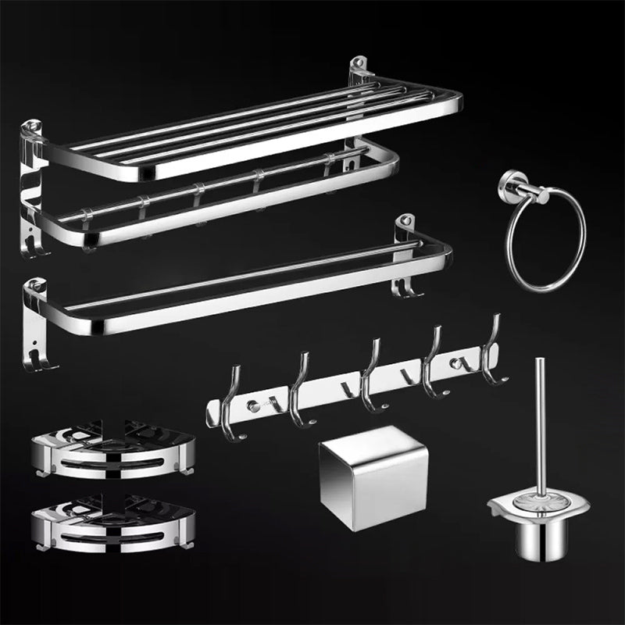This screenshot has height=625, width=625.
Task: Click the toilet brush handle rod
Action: coord(540,422)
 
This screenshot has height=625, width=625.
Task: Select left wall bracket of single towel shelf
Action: coord(34,320)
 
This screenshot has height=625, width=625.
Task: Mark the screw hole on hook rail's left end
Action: coord(252,406)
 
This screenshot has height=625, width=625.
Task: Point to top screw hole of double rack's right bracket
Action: coord(360,61)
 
